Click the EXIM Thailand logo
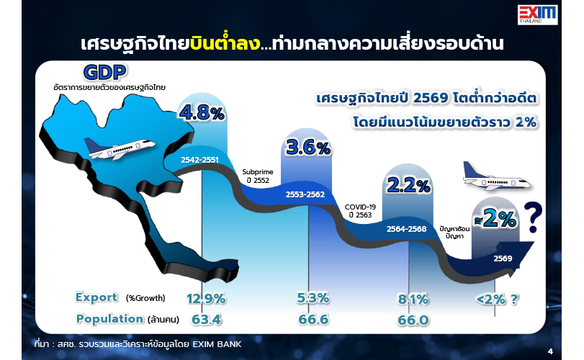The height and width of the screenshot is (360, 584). (x=537, y=15)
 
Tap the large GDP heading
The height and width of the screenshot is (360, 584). (x=104, y=72)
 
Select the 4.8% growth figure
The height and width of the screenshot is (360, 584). (x=202, y=113)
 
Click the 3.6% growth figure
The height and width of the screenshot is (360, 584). (x=308, y=148)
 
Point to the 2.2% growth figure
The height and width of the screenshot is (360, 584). (x=408, y=185)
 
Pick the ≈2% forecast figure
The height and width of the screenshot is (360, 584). (x=495, y=220)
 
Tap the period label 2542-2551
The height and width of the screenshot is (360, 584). (x=199, y=160)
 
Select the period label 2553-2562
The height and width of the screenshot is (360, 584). (x=305, y=194)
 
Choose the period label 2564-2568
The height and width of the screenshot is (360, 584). (x=406, y=228)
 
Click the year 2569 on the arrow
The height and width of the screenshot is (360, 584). (x=503, y=258)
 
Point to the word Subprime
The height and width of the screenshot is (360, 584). (x=258, y=172)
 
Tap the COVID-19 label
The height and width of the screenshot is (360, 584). (x=360, y=207)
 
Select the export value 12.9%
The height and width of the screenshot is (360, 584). (x=206, y=299)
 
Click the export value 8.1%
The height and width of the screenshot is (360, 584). (x=413, y=299)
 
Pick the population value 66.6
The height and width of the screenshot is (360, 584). (x=313, y=320)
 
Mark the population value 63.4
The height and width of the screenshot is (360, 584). (x=207, y=320)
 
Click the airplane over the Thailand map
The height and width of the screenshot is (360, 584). (x=120, y=148)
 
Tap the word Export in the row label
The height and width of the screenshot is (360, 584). (x=96, y=297)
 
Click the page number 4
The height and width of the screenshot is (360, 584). (x=550, y=351)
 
